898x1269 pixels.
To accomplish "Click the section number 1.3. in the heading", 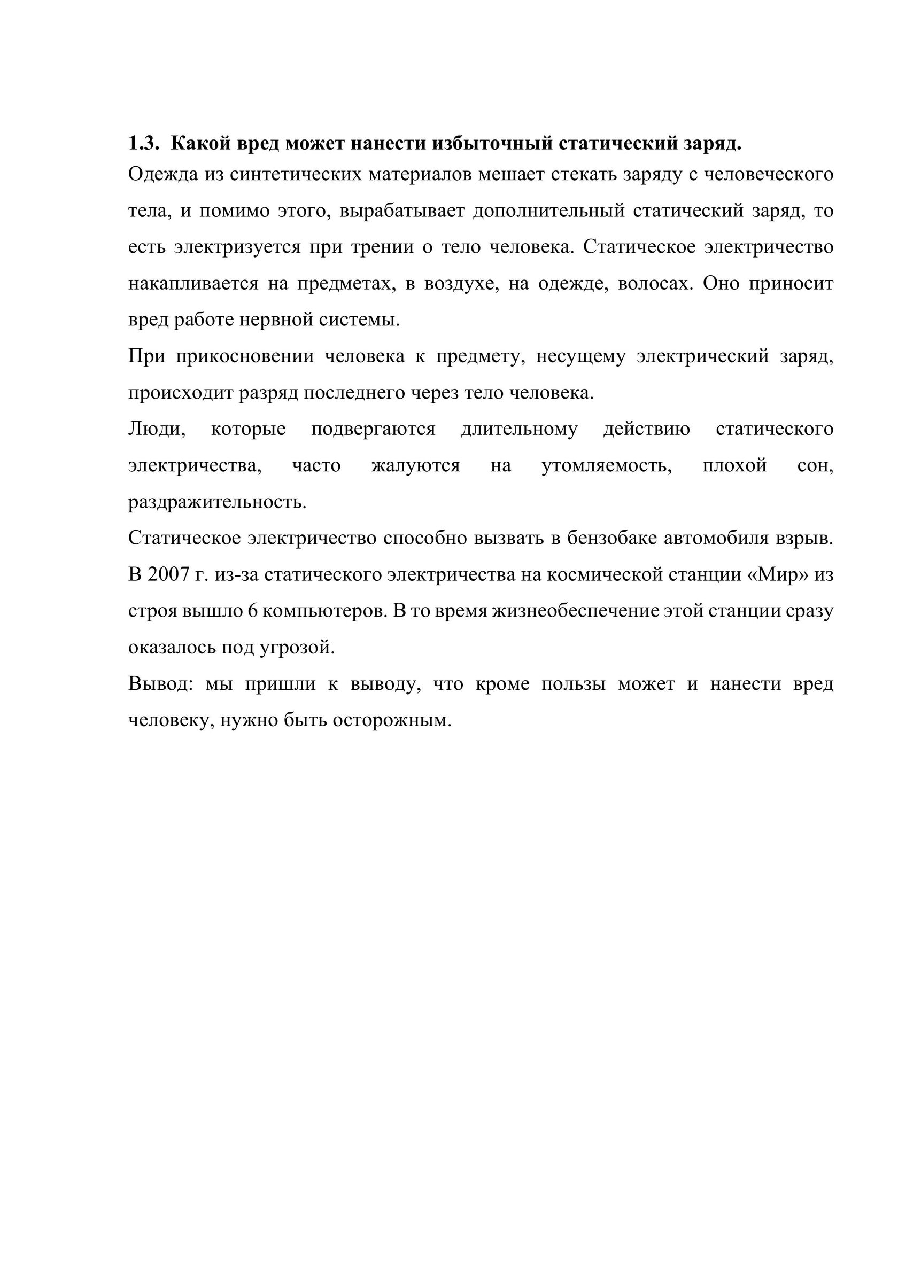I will (143, 144).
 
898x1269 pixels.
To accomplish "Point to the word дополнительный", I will (549, 211).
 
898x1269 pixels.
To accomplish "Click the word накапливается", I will (193, 284).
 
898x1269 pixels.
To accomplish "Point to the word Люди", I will (157, 430).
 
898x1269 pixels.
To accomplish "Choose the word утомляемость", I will (607, 466).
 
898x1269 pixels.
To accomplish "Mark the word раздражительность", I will (218, 502).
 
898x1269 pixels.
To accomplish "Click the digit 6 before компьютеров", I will (253, 611).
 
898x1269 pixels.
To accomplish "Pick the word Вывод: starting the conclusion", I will (160, 684).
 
